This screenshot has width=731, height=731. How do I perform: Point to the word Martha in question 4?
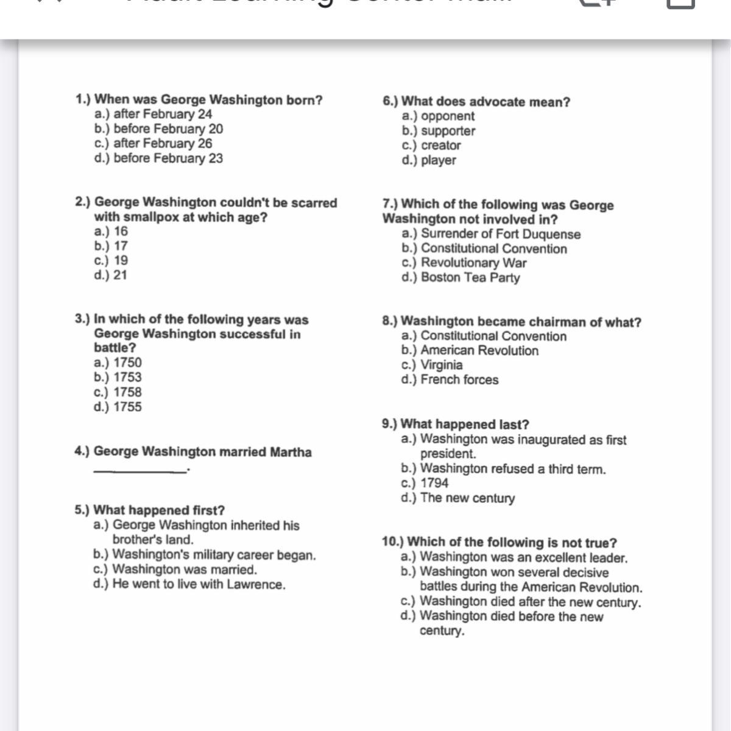[291, 452]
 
